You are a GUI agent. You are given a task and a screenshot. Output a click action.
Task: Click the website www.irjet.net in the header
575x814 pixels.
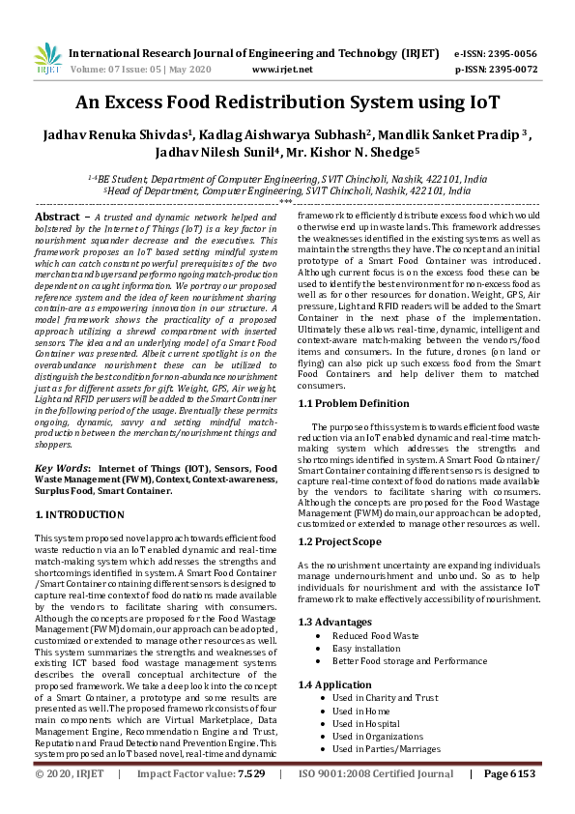tap(281, 70)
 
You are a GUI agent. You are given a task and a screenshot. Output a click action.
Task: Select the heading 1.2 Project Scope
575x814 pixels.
tap(340, 542)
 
